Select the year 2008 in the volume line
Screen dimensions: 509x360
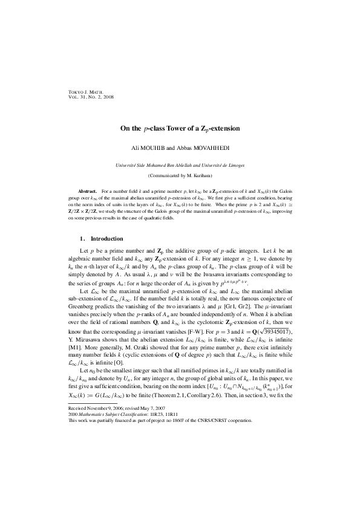coord(105,97)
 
